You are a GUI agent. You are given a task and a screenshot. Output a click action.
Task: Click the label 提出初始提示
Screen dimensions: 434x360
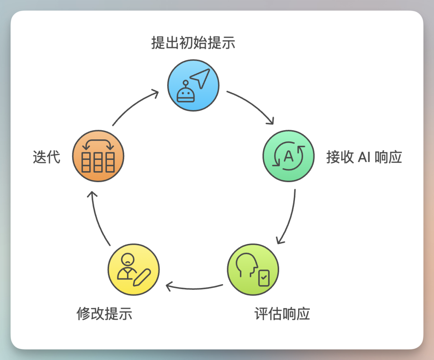point(193,43)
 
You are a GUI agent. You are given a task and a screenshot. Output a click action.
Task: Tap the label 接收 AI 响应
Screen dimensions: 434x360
point(364,157)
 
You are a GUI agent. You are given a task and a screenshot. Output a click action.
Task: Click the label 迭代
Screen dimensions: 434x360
point(47,157)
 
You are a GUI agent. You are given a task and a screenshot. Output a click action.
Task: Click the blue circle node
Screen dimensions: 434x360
point(193,85)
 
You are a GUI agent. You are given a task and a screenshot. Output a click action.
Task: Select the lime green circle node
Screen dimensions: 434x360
point(253,269)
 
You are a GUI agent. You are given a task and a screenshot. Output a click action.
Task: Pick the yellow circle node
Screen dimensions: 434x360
point(134,269)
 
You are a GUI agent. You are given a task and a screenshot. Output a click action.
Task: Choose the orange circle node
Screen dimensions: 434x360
point(98,156)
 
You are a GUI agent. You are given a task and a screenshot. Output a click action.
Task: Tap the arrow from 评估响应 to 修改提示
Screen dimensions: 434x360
point(194,288)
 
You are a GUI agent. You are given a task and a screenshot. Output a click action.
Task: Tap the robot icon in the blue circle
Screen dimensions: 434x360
point(186,93)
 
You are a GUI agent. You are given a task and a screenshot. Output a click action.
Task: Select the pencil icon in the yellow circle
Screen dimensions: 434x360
point(142,278)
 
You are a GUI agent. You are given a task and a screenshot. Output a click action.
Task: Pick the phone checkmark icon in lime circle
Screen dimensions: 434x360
point(264,278)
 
